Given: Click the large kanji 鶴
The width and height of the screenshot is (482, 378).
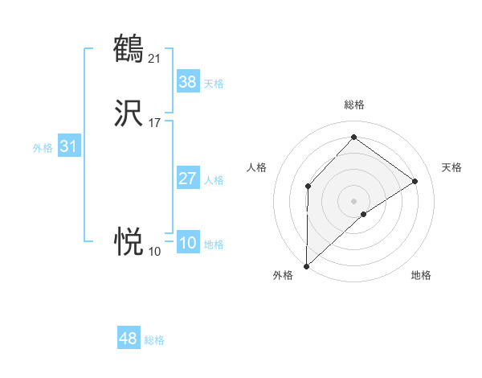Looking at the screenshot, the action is [129, 48].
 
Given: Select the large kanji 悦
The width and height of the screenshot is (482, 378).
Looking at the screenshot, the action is [129, 240].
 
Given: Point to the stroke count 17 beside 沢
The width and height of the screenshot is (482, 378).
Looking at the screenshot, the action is [155, 123].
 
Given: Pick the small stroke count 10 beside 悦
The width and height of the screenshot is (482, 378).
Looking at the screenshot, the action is [154, 251].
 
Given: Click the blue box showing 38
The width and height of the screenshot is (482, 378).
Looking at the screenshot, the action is [187, 82].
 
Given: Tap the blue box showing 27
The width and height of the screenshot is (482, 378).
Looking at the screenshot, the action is [187, 179].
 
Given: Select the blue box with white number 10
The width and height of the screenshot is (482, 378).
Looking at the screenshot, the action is [187, 243].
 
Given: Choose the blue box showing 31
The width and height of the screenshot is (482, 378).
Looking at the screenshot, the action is [68, 147].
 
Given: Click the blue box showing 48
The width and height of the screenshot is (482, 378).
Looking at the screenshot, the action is [129, 339].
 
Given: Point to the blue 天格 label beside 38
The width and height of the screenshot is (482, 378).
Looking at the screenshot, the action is [214, 84].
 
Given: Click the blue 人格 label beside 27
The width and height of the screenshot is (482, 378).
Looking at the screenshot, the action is [214, 180].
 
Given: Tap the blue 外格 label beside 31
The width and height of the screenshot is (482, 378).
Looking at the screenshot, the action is [43, 148].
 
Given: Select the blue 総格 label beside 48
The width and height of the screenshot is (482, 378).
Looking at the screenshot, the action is [155, 340].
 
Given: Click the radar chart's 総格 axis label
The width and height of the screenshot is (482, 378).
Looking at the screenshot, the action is [353, 105].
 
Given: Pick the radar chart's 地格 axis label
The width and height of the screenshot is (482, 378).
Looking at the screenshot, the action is [421, 275].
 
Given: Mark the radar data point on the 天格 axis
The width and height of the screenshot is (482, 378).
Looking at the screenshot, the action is [415, 181].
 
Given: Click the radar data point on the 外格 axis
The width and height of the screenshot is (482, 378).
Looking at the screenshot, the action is [306, 265].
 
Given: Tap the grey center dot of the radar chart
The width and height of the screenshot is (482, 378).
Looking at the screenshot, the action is [353, 200].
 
